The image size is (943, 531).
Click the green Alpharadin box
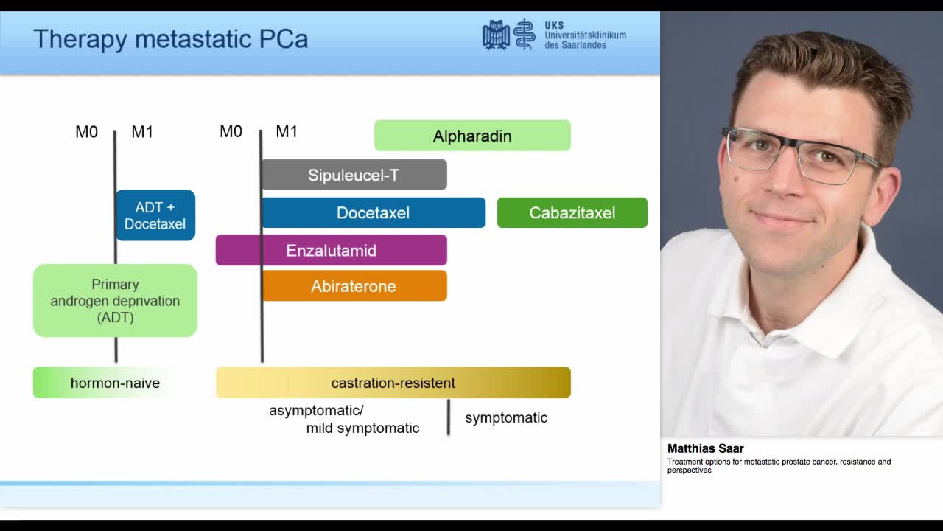(x=472, y=136)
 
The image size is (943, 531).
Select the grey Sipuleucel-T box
(x=354, y=175)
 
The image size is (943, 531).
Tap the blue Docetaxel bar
(x=373, y=212)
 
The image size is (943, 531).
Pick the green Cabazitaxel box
(x=572, y=212)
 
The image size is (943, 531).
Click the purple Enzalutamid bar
(x=331, y=250)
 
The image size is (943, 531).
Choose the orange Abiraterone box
(x=354, y=286)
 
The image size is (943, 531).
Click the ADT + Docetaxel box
(x=155, y=215)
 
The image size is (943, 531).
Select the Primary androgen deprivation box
(x=115, y=301)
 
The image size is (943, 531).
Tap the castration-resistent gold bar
(x=393, y=383)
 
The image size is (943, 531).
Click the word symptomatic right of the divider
(x=506, y=417)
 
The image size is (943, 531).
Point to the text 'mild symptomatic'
(x=362, y=428)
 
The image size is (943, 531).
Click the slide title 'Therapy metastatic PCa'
(x=170, y=38)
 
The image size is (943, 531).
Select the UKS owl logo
(x=496, y=35)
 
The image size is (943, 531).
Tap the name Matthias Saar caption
(x=705, y=448)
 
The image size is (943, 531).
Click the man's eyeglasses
(x=799, y=154)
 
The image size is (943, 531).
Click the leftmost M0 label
(x=86, y=132)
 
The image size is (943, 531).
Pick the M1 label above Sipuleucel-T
(x=287, y=131)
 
